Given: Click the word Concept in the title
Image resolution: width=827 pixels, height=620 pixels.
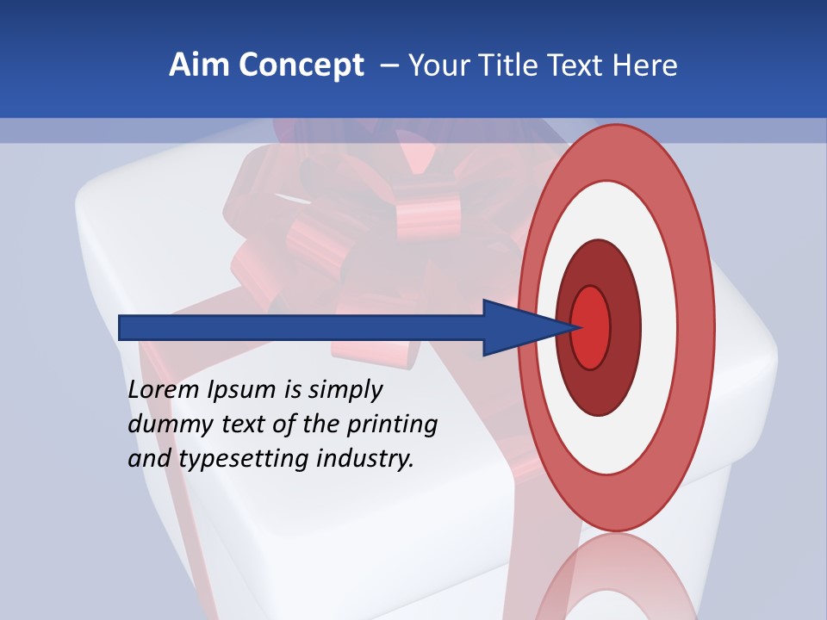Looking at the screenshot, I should [x=302, y=65].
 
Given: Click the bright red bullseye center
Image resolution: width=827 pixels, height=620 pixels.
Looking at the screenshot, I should [x=591, y=327].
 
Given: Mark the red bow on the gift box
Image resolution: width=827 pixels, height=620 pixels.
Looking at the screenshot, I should [x=362, y=215].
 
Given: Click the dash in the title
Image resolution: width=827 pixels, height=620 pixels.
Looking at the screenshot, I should [x=389, y=65].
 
